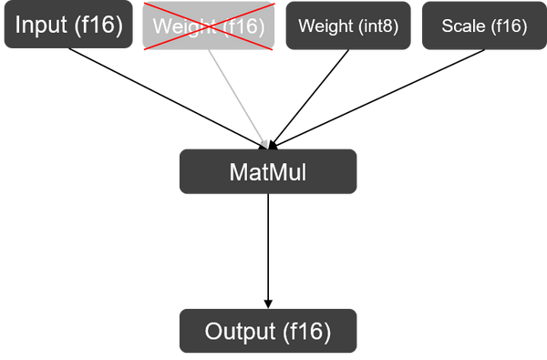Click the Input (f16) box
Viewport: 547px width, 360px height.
[x=68, y=26]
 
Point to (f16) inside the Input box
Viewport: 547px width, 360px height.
[x=98, y=25]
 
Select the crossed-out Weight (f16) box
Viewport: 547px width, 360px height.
[x=209, y=27]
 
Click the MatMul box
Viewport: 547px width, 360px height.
[x=268, y=171]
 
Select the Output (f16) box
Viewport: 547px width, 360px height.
[x=268, y=330]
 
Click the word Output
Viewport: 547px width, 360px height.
[x=239, y=330]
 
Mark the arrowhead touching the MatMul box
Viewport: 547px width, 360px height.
[x=265, y=142]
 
